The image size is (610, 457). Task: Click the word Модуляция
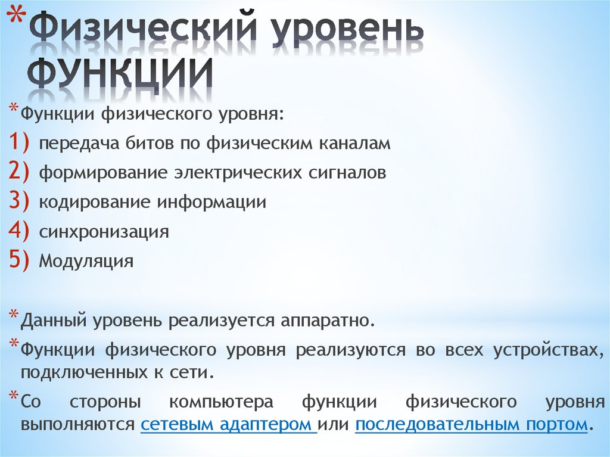(86, 261)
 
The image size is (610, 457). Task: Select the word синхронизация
(104, 232)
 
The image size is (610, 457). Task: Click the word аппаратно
(324, 321)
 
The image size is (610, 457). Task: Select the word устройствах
(544, 350)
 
